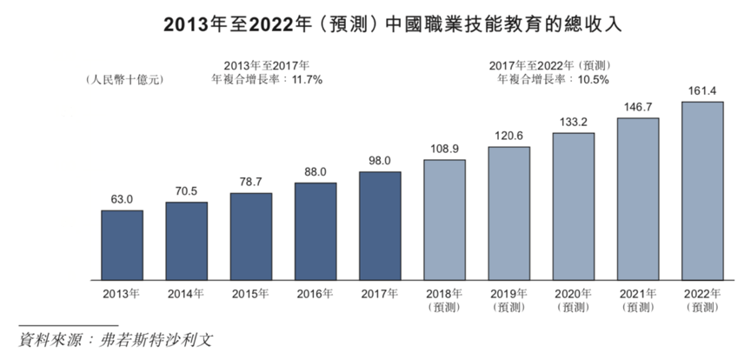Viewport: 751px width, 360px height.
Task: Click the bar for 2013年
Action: point(123,245)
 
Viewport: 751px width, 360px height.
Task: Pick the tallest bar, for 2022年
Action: point(702,190)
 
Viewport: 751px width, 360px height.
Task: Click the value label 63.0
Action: point(123,200)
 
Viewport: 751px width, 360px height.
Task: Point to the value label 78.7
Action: point(251,183)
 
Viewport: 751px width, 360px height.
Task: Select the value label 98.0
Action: point(380,162)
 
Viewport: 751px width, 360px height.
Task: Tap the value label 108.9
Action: point(444,149)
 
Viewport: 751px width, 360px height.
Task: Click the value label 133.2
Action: point(573,122)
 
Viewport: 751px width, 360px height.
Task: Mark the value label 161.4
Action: point(702,90)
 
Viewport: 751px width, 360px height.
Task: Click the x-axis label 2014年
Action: point(187,294)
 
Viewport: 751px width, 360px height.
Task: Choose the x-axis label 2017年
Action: point(380,294)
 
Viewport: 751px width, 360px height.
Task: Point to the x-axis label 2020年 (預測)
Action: point(573,300)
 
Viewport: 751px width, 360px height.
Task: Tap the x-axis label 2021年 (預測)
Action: point(637,300)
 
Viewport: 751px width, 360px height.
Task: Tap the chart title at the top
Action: point(375,25)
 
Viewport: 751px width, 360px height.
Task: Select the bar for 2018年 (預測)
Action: point(444,220)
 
